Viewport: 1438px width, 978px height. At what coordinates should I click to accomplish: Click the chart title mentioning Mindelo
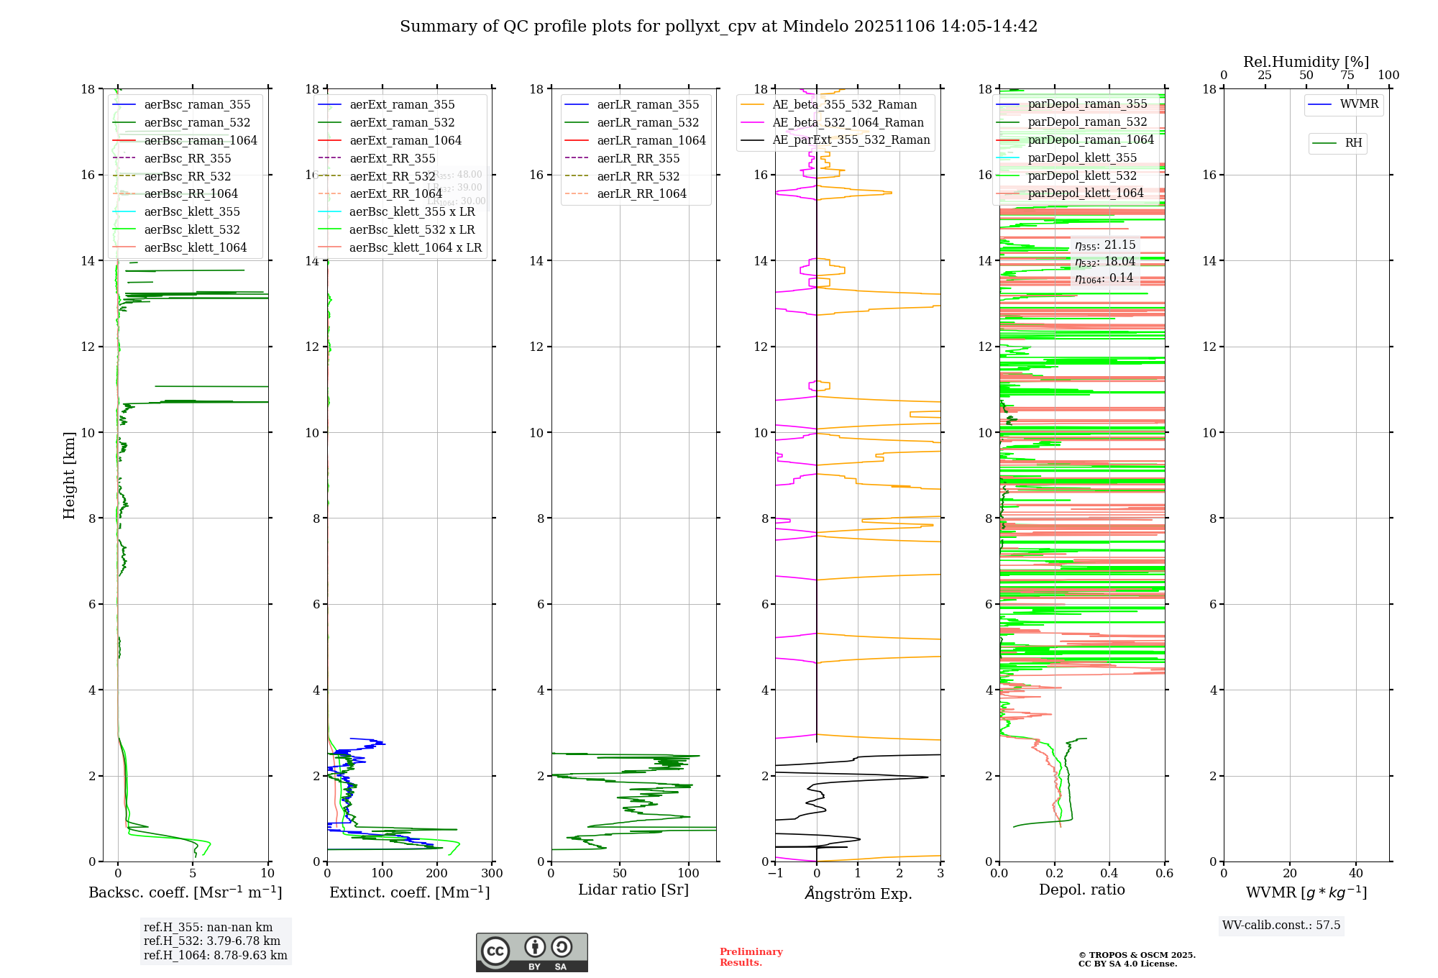coord(718,27)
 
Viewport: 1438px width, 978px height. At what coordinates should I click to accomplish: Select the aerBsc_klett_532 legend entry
coord(191,230)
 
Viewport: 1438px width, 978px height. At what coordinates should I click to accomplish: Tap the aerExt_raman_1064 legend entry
coord(405,141)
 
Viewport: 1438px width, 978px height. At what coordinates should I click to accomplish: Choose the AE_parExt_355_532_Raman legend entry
coord(851,140)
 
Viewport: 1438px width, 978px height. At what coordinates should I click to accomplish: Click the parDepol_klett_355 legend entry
coord(1081,158)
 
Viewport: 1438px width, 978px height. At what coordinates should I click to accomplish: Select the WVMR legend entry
coord(1358,104)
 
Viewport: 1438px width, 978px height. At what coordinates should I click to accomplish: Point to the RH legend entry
coord(1353,143)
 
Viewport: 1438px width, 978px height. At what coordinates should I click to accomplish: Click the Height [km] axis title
coord(69,475)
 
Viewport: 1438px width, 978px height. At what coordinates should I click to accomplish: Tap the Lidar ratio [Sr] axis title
coord(633,890)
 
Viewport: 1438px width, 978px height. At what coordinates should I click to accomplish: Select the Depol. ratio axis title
coord(1081,890)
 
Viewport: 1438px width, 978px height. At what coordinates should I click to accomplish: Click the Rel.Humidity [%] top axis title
coord(1306,62)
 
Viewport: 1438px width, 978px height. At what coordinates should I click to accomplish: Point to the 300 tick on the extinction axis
coord(492,874)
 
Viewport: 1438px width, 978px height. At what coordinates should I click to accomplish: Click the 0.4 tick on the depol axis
coord(1109,874)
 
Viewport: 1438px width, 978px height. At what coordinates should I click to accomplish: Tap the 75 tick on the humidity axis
coord(1347,76)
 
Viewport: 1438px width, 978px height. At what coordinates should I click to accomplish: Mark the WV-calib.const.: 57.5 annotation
coord(1281,926)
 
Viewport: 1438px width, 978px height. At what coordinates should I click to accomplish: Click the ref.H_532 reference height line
coord(211,941)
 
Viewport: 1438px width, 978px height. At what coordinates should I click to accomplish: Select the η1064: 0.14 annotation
coord(1104,278)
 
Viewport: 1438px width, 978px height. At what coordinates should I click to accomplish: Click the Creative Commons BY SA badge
coord(531,953)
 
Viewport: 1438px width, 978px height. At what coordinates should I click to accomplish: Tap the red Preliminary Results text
coord(751,957)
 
